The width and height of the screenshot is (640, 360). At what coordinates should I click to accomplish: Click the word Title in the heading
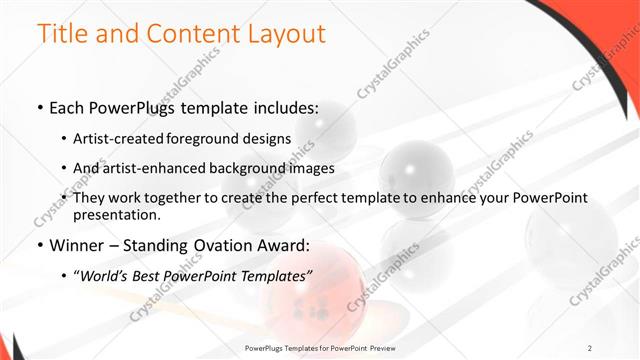[x=63, y=34]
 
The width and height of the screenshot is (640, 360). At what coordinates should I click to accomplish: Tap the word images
[x=313, y=168]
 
